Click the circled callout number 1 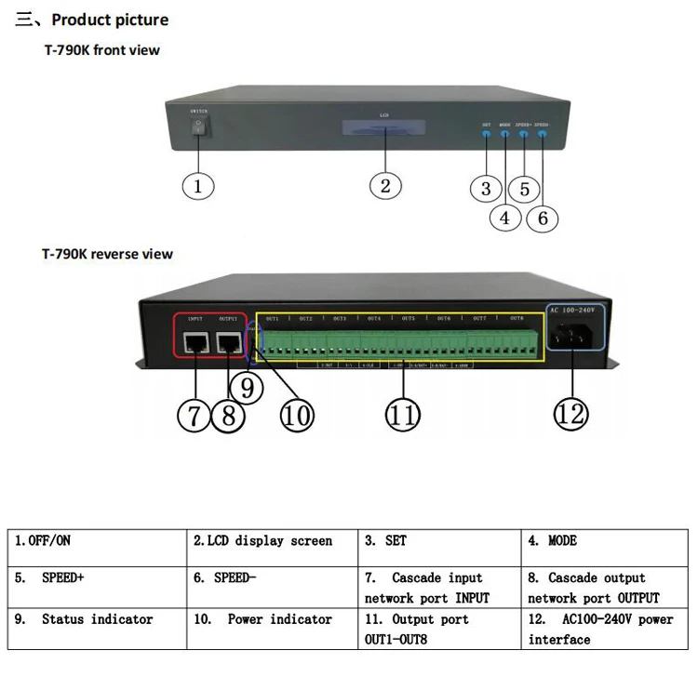197,185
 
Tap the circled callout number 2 385,184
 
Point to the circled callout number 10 298,415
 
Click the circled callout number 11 401,415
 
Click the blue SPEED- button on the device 542,133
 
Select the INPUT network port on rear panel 196,342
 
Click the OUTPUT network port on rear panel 229,342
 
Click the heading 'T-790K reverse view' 107,253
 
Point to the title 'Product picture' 110,20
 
